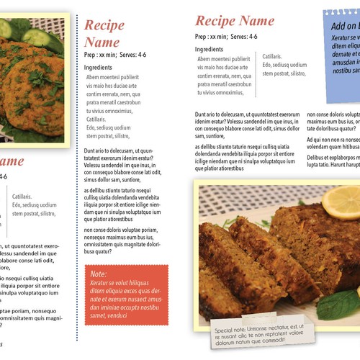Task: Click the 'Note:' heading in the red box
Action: (98, 274)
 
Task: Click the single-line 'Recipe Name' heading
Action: (234, 20)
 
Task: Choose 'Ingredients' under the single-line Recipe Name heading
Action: (209, 49)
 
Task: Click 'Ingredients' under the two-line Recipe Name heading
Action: (99, 66)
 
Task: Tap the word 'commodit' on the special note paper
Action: (278, 341)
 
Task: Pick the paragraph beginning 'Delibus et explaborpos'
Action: (333, 161)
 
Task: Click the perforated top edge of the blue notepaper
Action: (342, 12)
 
